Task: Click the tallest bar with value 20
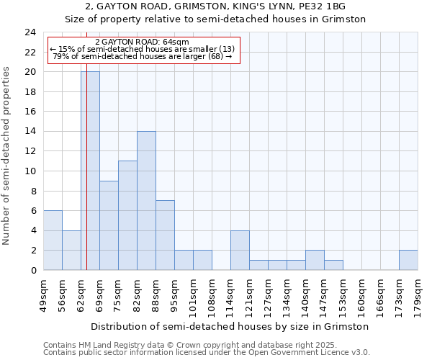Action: point(90,171)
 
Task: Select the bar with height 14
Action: point(146,200)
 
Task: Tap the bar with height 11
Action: point(127,215)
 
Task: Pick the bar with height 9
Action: point(109,225)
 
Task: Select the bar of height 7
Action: point(165,235)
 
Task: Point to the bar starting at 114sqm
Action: point(240,250)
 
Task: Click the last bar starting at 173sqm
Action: point(408,260)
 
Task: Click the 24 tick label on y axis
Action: point(30,32)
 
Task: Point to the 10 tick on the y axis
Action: point(30,171)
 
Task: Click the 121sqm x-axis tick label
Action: point(250,295)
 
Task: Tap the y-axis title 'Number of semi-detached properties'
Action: point(6,156)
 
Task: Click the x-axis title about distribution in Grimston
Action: point(230,326)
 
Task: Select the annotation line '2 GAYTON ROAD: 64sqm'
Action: point(142,42)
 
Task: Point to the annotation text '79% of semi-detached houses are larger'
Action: point(143,56)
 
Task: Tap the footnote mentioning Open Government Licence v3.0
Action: point(207,353)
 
